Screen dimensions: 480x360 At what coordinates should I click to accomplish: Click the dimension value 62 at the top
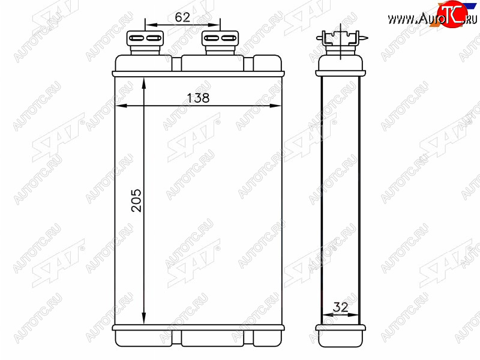pos(182,17)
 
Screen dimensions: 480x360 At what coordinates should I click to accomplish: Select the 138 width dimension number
pos(198,98)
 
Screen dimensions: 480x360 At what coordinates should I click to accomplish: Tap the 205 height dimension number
pos(136,200)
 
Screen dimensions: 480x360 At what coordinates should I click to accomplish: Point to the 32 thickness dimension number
pos(340,307)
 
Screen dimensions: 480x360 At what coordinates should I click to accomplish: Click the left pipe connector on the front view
pos(145,42)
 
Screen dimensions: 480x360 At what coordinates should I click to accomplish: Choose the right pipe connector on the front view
pos(220,42)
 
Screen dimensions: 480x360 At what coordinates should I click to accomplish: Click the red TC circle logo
pos(452,14)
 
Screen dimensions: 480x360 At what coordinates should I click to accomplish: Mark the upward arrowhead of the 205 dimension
pos(144,83)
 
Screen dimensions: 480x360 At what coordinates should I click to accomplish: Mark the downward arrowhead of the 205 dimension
pos(144,319)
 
